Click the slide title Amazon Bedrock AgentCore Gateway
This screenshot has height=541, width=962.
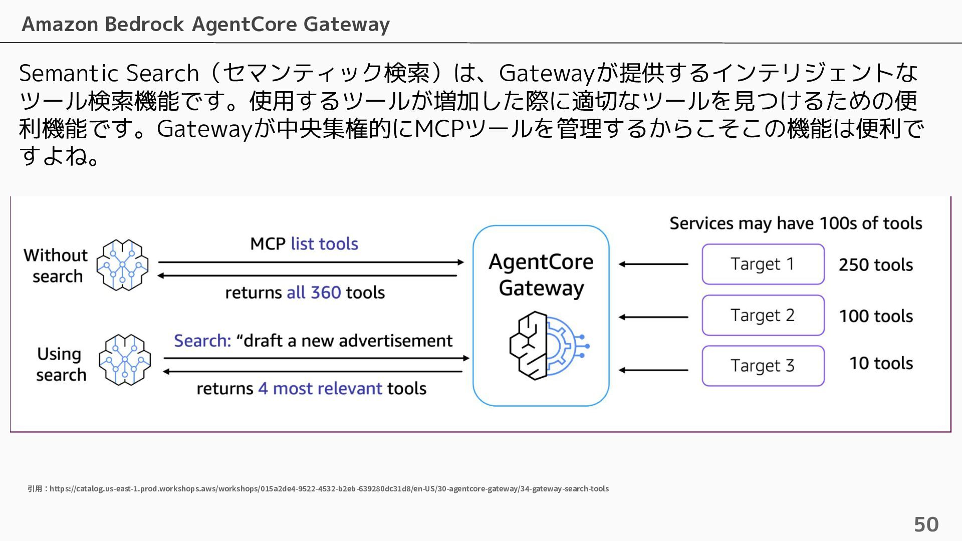click(205, 24)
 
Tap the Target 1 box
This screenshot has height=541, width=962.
click(763, 264)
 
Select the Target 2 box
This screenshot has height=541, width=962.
click(763, 315)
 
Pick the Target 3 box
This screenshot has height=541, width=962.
click(763, 366)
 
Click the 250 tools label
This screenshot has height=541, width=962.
click(876, 264)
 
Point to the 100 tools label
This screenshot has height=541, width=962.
click(876, 316)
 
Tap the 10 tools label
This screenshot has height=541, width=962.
click(881, 363)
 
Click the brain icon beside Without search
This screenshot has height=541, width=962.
click(123, 265)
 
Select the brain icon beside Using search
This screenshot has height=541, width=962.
click(125, 360)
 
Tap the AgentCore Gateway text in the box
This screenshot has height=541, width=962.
click(541, 275)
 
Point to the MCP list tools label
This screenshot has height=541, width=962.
click(304, 244)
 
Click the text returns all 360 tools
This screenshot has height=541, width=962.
click(305, 293)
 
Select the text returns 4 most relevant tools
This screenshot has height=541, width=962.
click(312, 389)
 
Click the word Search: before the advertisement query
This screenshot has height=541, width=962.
click(202, 341)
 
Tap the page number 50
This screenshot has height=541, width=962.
click(926, 524)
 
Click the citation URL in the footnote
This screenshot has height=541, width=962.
click(329, 488)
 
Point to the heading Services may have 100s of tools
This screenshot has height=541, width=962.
click(796, 223)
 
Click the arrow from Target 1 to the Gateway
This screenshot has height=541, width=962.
click(653, 264)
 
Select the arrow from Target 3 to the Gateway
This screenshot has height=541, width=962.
click(653, 370)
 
